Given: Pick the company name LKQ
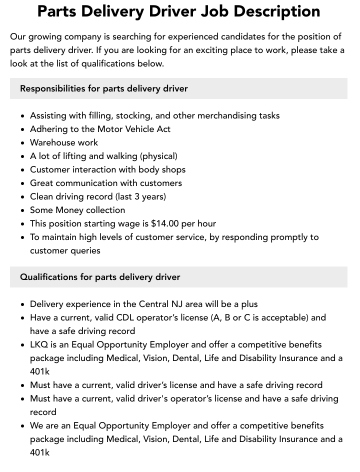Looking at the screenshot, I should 39,344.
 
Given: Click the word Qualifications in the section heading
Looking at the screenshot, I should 48,277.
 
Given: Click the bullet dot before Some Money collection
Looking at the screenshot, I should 22,210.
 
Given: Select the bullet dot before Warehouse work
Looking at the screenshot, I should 22,143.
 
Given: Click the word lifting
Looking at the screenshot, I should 77,156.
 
